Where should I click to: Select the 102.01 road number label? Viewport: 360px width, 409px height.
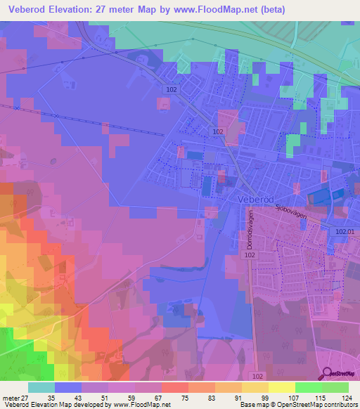pyautogui.click(x=346, y=231)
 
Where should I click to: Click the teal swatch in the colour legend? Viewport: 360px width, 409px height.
pyautogui.click(x=41, y=388)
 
